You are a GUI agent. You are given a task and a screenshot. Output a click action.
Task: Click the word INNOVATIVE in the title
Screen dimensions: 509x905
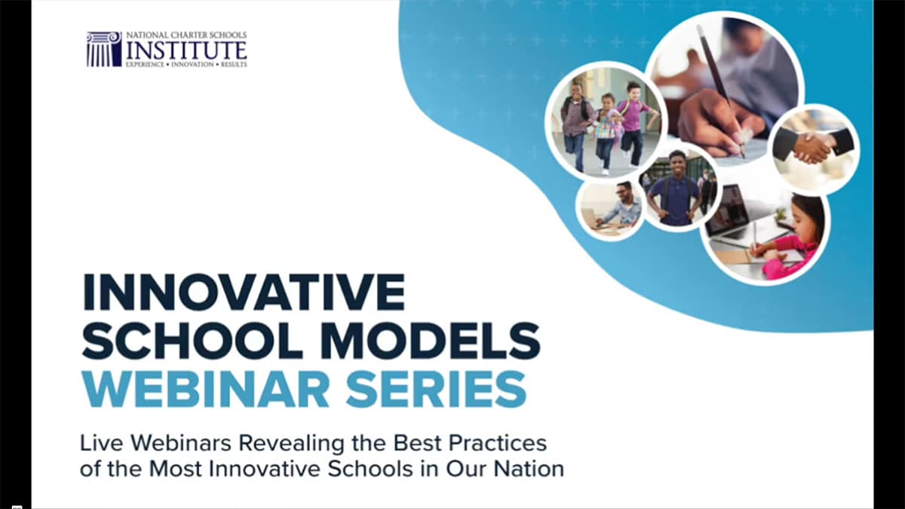pyautogui.click(x=243, y=293)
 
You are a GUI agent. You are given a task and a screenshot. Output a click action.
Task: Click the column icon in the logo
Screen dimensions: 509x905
pyautogui.click(x=104, y=49)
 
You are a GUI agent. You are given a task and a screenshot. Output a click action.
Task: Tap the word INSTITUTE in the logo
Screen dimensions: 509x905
pyautogui.click(x=186, y=50)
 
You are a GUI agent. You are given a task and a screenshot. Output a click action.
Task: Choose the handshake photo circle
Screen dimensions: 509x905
pyautogui.click(x=813, y=146)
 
